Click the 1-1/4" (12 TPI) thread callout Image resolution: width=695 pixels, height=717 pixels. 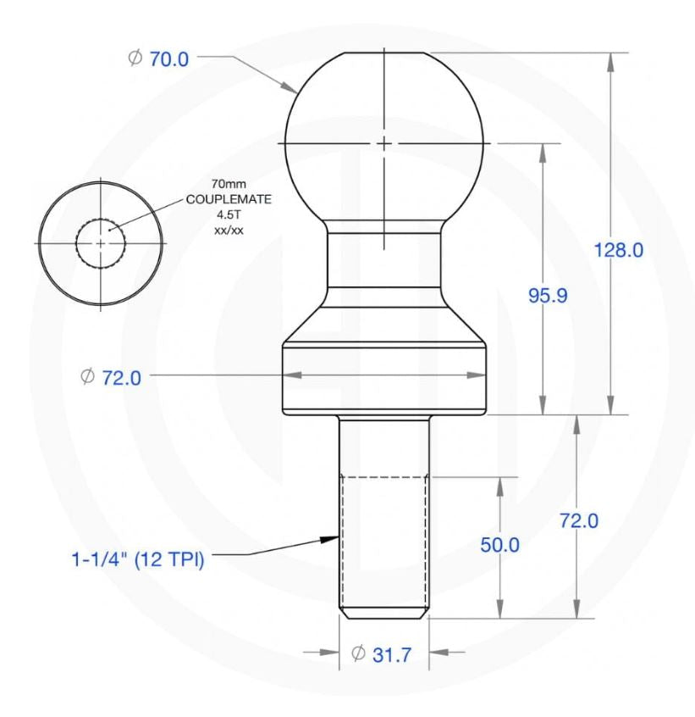coord(138,560)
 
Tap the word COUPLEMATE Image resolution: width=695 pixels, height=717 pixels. coord(223,200)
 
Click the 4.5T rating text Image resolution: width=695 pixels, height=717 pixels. coord(223,215)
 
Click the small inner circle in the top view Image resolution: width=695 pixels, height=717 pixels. coord(101,243)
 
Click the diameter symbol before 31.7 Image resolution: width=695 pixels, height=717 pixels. coord(357,653)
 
